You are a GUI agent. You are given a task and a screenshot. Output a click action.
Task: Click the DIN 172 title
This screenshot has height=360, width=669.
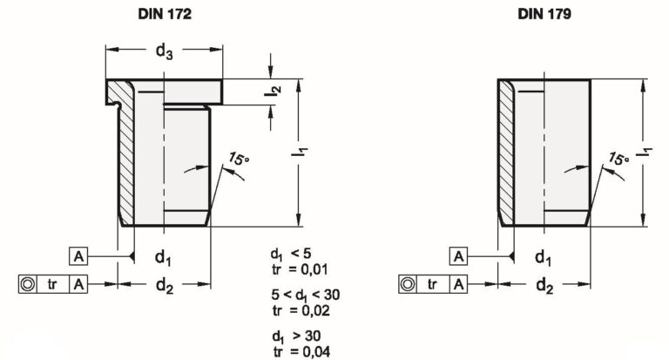(165, 14)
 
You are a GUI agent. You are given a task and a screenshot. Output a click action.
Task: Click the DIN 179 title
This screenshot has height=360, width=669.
(544, 14)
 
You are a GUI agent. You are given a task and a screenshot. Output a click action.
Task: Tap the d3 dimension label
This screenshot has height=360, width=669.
(165, 51)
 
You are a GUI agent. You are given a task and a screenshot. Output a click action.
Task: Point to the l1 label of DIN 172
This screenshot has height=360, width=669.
(300, 152)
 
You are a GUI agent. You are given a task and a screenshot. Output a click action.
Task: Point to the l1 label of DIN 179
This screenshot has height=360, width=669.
(645, 152)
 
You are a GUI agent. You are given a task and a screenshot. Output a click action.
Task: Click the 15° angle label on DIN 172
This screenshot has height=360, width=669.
(239, 159)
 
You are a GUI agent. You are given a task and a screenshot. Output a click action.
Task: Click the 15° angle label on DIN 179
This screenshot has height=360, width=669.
(618, 159)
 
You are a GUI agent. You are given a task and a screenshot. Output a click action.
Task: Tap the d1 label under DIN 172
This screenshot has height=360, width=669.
(163, 257)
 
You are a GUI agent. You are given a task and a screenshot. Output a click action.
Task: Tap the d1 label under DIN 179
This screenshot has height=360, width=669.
(544, 257)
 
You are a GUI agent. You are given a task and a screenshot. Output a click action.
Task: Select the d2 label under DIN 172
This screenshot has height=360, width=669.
(165, 285)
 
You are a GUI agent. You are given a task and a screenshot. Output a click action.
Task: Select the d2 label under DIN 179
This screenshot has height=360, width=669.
(544, 285)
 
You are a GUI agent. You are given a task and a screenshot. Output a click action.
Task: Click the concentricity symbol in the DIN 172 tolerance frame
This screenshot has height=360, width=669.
(28, 284)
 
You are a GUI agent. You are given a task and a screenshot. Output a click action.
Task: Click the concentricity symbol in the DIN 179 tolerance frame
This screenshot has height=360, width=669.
(409, 284)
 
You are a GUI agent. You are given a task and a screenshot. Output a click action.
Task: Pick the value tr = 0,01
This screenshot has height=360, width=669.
(300, 269)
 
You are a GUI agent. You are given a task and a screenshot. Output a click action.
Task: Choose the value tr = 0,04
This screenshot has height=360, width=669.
(301, 352)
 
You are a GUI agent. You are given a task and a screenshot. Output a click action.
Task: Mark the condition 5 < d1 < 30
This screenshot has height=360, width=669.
(306, 295)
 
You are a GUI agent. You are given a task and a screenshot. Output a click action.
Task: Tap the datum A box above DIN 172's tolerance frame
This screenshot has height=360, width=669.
(78, 256)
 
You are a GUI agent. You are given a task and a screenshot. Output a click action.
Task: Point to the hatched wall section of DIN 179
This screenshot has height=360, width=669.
(506, 153)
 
